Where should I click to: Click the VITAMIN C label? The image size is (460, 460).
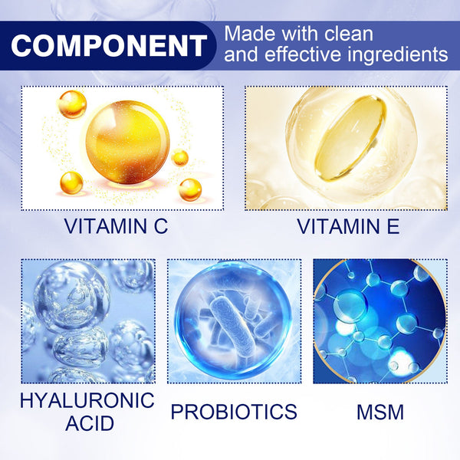pos(116,226)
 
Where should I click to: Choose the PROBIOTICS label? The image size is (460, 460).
pos(234,411)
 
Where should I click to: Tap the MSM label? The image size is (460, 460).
pos(379,411)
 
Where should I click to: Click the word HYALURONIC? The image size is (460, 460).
pos(87,399)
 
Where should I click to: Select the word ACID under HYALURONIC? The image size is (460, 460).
pos(87,422)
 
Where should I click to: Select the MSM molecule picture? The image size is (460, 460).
pos(379,320)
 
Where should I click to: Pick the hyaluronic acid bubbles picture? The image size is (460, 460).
pos(87,320)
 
